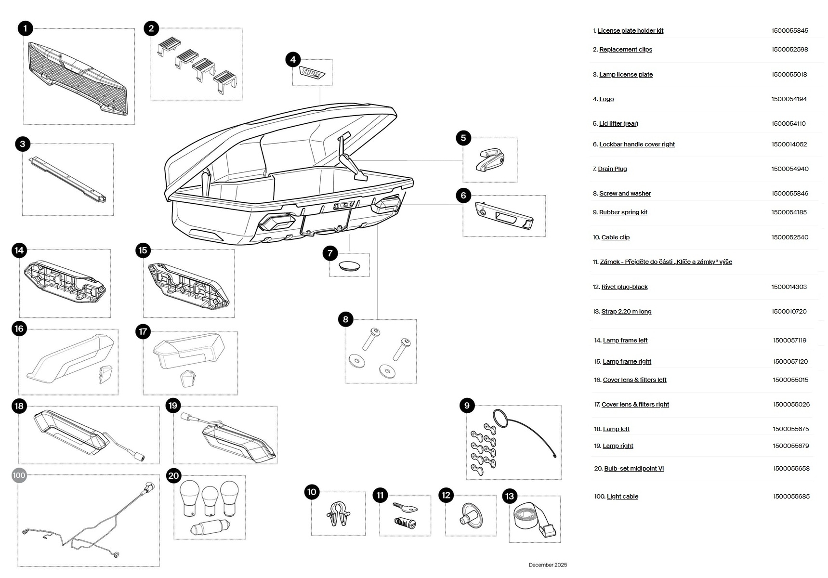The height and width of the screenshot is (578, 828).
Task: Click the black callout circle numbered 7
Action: point(330,253)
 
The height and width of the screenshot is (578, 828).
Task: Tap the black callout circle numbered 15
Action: point(143,250)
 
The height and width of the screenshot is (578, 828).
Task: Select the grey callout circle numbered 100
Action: point(19,475)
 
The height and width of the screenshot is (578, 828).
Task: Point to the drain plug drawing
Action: point(350,265)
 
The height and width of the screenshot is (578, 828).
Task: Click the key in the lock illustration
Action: point(404,507)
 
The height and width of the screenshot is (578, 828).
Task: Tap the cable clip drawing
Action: point(338,514)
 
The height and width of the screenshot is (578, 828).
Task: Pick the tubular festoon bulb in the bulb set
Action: point(210,528)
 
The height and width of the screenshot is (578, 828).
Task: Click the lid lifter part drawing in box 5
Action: point(490,160)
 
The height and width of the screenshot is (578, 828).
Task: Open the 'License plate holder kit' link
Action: point(630,31)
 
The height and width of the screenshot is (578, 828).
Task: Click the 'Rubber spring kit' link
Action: point(623,212)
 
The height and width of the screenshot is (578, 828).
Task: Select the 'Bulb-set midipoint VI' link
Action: point(633,469)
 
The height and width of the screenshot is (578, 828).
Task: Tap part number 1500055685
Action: point(791,497)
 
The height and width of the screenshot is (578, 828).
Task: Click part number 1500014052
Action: point(789,144)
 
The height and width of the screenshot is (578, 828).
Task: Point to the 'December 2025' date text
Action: point(548,565)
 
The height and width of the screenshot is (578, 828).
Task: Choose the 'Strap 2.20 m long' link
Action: point(626,312)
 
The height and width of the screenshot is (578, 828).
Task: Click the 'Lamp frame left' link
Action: point(625,341)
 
